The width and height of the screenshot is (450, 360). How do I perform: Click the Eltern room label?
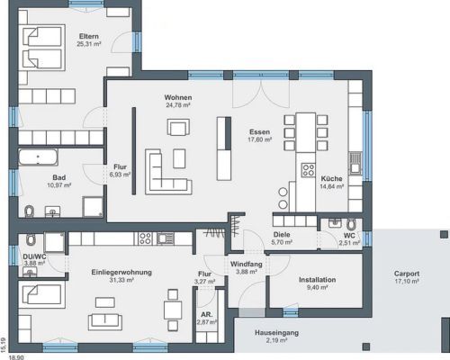tap(89, 36)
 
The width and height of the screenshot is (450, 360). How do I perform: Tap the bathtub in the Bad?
tap(39, 157)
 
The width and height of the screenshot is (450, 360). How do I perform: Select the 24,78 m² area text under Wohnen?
tap(178, 105)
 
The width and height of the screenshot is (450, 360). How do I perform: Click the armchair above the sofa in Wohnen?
tap(178, 127)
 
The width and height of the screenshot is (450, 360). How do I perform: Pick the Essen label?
tap(259, 132)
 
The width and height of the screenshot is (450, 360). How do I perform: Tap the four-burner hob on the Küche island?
tap(309, 170)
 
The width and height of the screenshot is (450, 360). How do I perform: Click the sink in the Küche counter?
tap(355, 164)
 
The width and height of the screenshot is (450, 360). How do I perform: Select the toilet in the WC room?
tap(351, 224)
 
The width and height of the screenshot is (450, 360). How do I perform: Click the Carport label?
tap(407, 274)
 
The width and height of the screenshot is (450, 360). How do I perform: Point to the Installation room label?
tap(318, 280)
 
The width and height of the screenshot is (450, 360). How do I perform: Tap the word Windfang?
tap(247, 265)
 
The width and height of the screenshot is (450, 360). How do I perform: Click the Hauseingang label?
tap(276, 333)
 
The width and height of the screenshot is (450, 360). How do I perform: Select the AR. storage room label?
tap(207, 315)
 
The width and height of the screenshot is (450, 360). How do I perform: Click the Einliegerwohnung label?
tap(121, 273)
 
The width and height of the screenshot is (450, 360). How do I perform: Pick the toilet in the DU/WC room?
tap(31, 239)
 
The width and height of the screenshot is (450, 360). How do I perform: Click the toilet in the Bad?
tap(29, 211)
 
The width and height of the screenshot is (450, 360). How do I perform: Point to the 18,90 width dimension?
tap(16, 357)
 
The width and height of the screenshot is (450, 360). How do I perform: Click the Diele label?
tap(282, 235)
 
